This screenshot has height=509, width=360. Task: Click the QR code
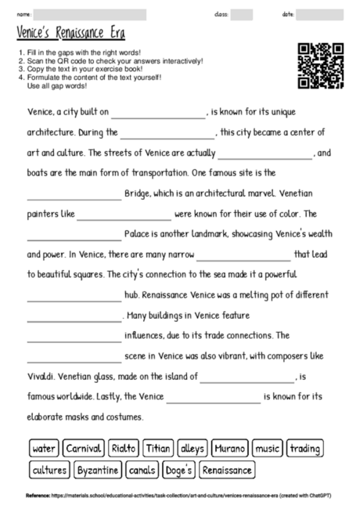[321, 66]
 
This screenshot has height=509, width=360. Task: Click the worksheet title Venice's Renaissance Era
[70, 34]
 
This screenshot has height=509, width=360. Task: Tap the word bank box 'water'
[44, 449]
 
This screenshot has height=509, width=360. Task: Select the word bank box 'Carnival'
[83, 449]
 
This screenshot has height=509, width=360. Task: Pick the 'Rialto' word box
[124, 449]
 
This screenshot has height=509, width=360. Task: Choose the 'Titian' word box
[158, 449]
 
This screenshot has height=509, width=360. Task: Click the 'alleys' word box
[192, 449]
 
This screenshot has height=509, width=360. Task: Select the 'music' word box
[268, 449]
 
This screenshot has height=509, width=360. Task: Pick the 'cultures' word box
[49, 471]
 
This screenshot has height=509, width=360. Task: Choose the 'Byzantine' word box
[98, 471]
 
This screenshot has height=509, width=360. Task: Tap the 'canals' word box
[142, 471]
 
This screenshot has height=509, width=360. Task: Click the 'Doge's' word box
[179, 471]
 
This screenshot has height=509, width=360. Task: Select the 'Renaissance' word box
[228, 471]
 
